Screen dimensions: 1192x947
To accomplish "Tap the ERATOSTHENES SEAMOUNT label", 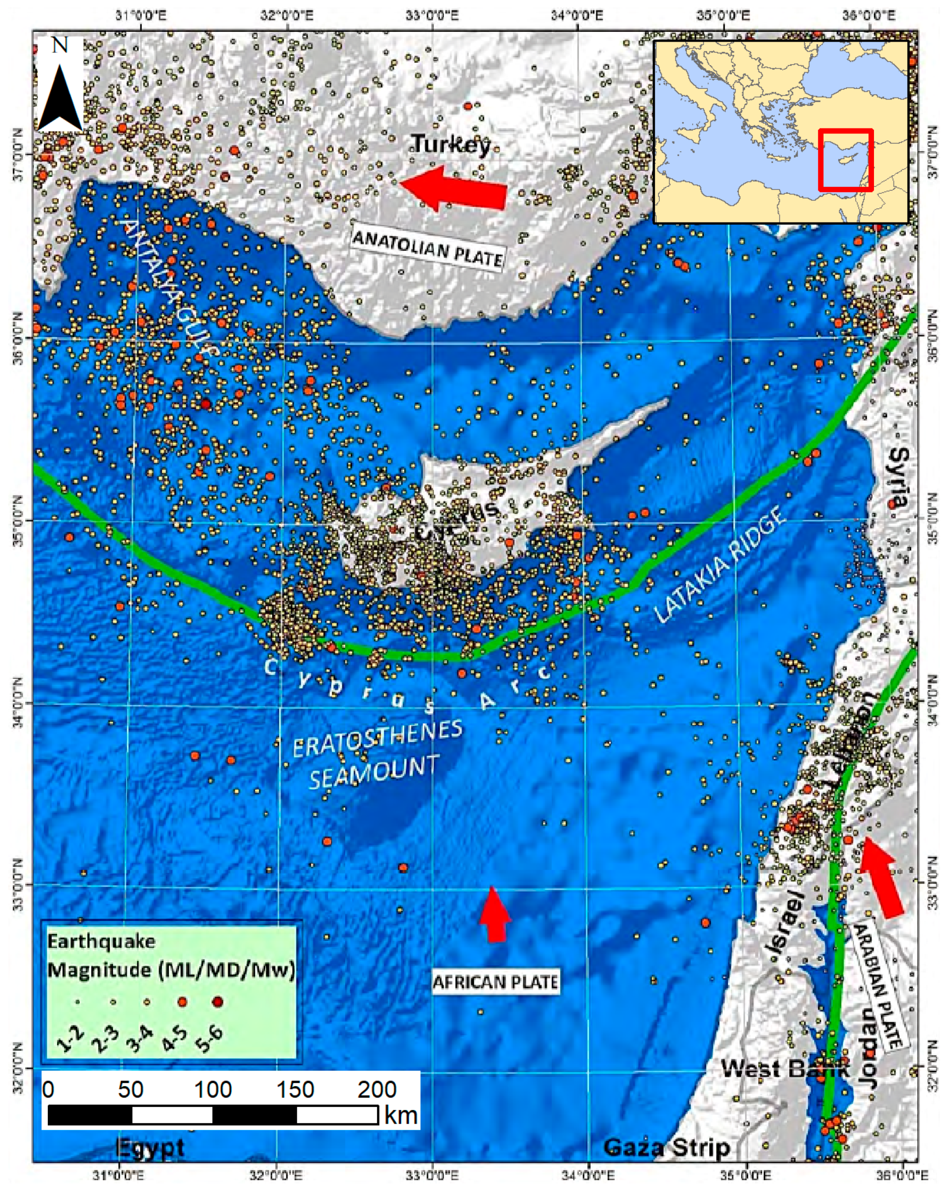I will tap(376, 755).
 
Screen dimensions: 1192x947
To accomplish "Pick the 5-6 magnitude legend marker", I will tap(217, 1002).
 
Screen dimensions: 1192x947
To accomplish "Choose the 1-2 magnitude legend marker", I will tap(78, 1002).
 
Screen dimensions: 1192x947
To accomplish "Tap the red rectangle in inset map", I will tap(845, 160).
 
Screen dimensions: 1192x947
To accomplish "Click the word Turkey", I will tap(451, 144).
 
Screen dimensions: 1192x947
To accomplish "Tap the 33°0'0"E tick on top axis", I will tap(432, 15).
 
